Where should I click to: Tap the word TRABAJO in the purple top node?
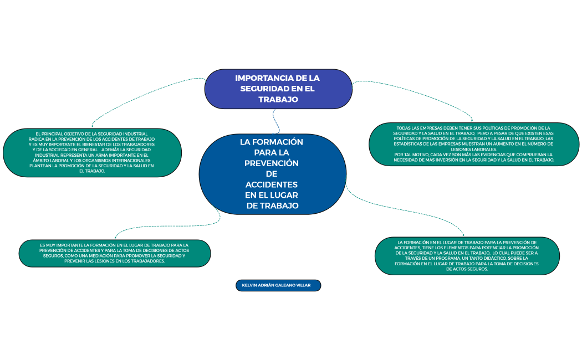tap(278, 99)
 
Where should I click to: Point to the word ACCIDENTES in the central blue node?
tap(272, 184)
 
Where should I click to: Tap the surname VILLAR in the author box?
tap(310, 286)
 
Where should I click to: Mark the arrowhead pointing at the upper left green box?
tap(92, 125)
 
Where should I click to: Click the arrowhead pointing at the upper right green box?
tap(472, 119)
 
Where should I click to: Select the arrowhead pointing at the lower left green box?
tap(115, 236)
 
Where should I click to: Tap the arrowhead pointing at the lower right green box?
tap(463, 235)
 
